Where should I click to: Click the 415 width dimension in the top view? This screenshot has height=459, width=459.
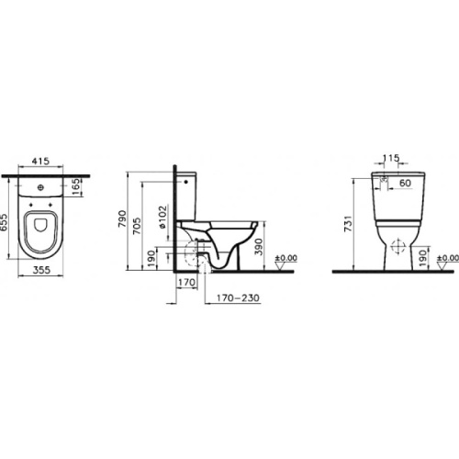tap(39, 162)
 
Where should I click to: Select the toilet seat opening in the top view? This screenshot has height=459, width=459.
tap(40, 229)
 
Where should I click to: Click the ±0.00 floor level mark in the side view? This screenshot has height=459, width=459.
tap(286, 260)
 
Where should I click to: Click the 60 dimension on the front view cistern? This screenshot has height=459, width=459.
tap(405, 183)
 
